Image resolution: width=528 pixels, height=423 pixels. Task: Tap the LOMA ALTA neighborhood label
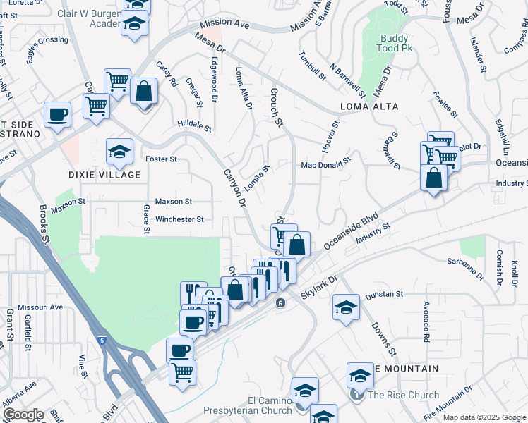[x=369, y=106]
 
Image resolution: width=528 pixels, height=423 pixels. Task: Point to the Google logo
[x=23, y=415]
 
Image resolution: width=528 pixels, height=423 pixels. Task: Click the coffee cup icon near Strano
[x=57, y=114]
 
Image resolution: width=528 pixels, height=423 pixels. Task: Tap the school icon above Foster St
[x=120, y=151]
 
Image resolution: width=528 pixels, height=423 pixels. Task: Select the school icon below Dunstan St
[x=346, y=308]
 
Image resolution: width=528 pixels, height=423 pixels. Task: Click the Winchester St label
[x=179, y=219]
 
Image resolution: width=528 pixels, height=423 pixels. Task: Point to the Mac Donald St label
[x=325, y=164]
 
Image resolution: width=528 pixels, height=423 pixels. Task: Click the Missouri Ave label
[x=40, y=307]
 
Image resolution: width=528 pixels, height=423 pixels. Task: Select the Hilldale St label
[x=193, y=125]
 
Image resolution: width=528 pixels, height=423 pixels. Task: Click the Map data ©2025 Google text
[x=484, y=417]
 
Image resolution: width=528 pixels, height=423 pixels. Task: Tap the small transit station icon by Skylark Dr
[x=280, y=303]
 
